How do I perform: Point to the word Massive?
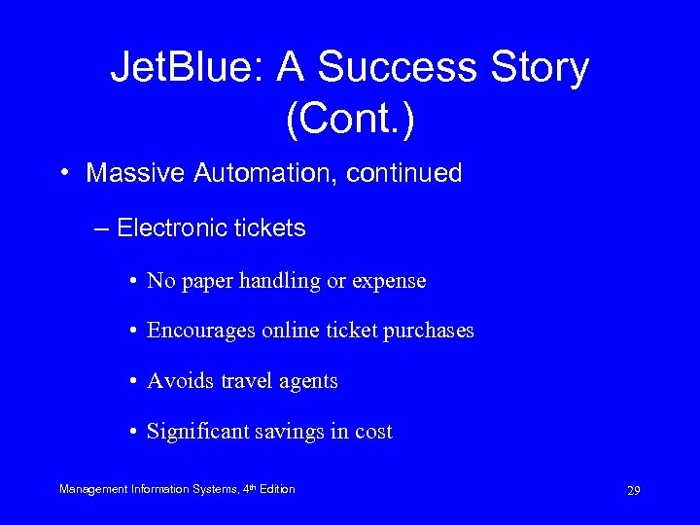(130, 174)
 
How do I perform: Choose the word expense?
(391, 281)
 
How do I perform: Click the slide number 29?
(633, 491)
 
